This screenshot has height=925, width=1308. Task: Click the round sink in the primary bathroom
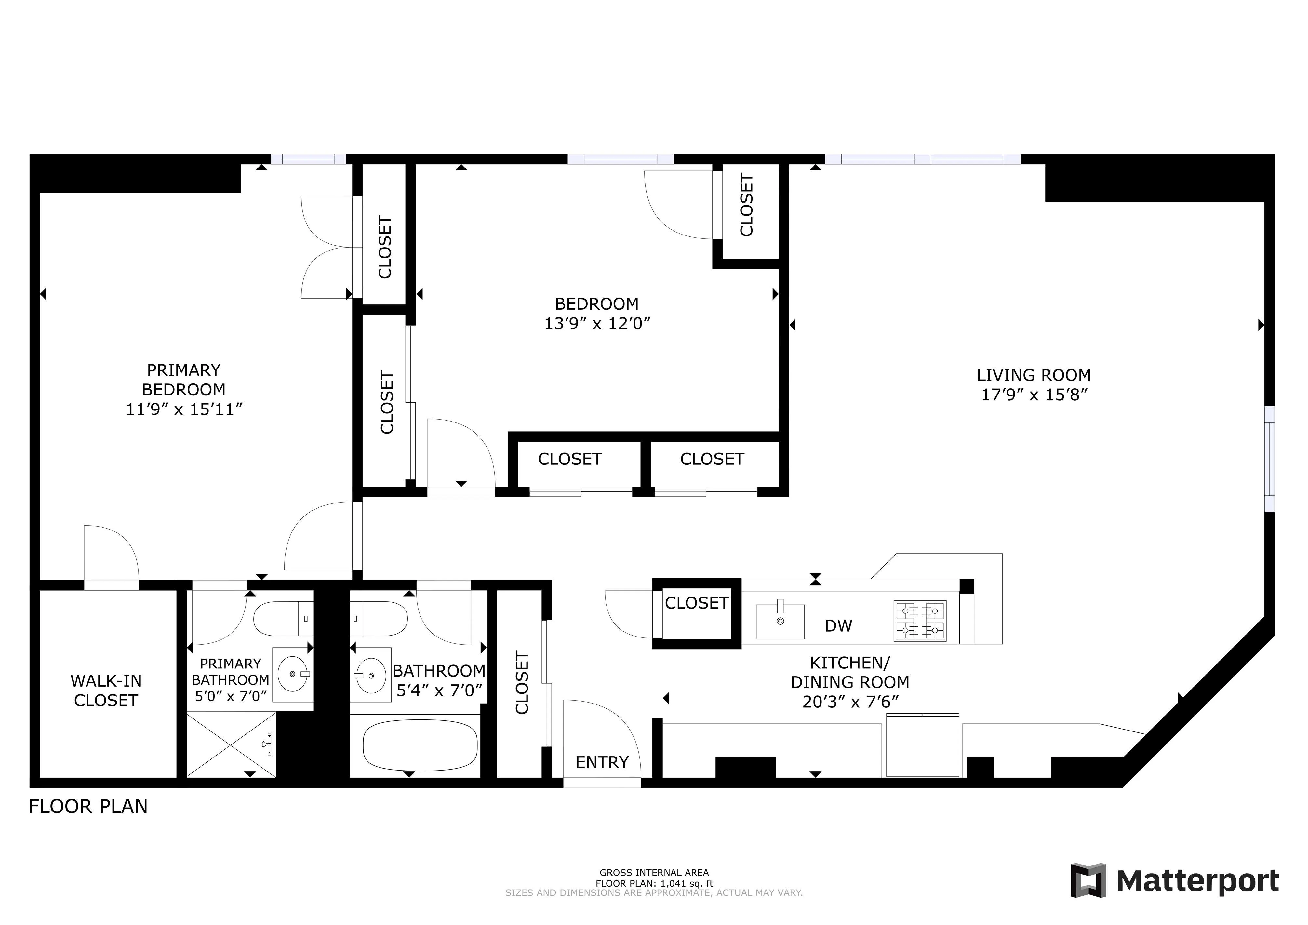coord(293,674)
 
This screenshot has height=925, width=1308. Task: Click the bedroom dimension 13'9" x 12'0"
coord(597,324)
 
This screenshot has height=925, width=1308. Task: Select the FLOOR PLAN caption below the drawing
coord(88,807)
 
